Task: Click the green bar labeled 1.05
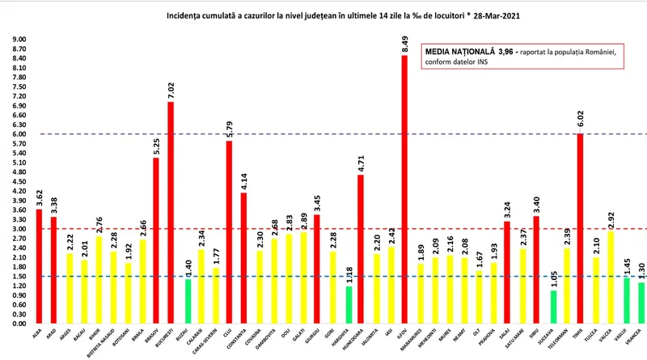552,307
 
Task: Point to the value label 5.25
156,145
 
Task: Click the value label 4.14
243,180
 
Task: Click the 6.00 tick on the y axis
19,134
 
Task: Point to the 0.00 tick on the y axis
19,324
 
